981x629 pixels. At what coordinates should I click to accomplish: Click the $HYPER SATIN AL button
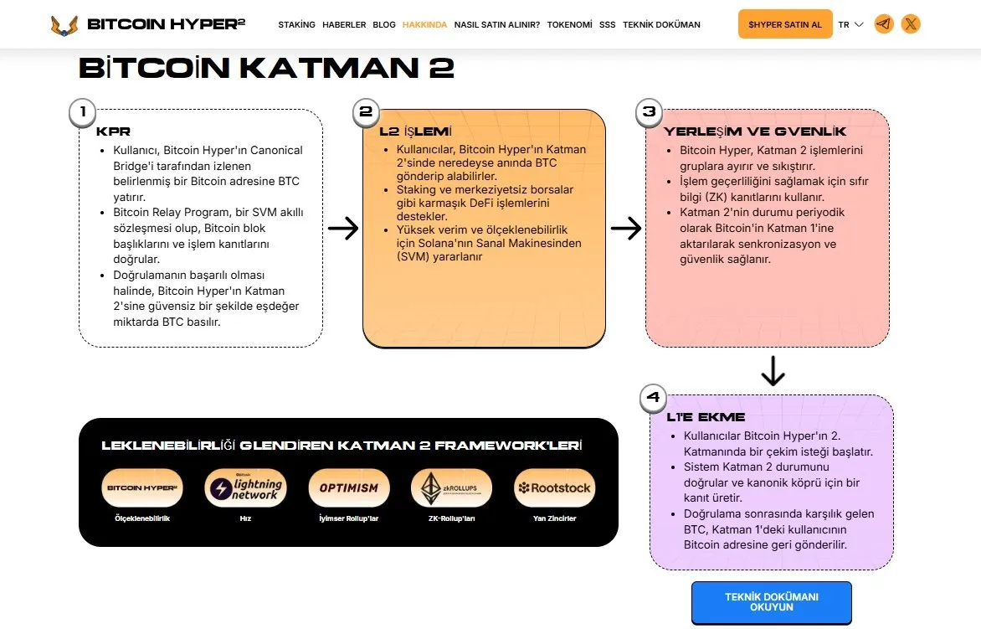785,24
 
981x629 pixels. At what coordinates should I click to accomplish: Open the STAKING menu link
296,25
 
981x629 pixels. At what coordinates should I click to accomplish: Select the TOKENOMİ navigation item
569,25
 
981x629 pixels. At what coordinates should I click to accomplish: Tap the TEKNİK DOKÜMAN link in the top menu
661,25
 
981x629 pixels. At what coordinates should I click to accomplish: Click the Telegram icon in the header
884,24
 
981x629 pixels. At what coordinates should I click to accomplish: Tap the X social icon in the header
911,24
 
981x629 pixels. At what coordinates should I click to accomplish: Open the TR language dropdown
851,25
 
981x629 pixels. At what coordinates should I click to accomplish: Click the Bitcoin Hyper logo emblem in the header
64,25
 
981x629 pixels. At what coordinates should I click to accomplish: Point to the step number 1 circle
83,113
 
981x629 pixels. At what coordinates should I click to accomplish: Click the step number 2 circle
366,112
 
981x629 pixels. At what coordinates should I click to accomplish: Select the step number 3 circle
650,112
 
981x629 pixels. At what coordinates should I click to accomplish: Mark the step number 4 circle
653,398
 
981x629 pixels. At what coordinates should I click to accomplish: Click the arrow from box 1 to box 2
343,228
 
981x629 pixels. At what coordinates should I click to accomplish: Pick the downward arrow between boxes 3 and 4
773,370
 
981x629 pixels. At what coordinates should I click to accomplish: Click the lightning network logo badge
245,488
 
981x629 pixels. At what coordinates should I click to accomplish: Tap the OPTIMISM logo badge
348,488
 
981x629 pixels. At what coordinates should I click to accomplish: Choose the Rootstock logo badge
554,488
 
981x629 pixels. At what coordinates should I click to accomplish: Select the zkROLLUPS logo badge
452,488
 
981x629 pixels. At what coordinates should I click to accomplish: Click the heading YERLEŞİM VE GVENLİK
754,131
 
